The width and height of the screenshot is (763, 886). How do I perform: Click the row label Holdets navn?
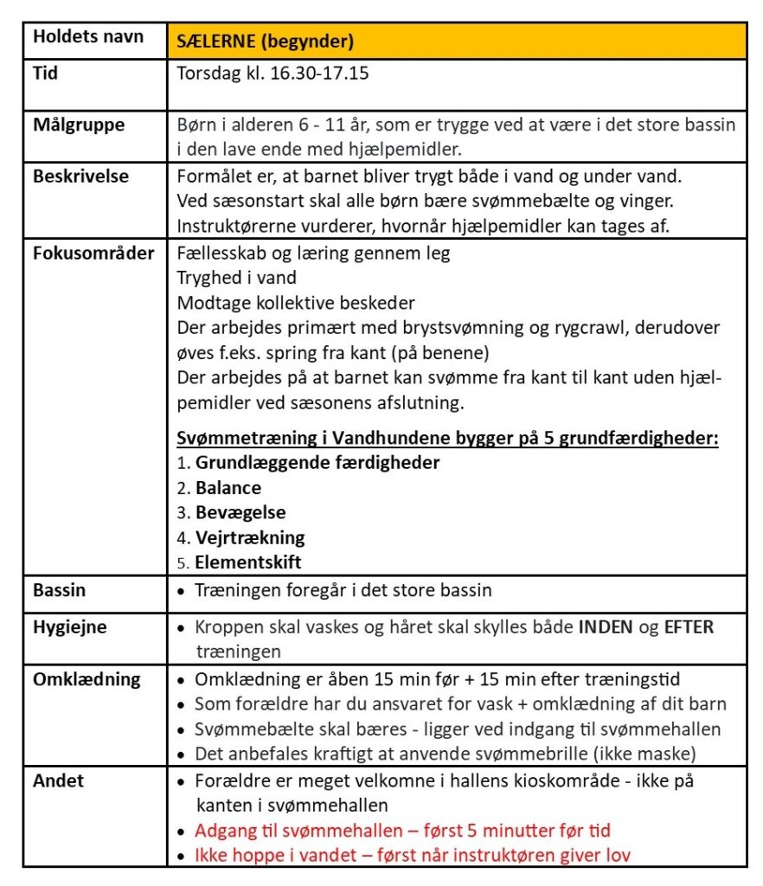(88, 38)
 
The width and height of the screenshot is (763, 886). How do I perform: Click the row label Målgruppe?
(79, 125)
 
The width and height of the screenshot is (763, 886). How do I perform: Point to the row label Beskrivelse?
(81, 176)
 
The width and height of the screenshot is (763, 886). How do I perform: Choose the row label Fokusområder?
(93, 254)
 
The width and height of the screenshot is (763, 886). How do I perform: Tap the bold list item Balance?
(228, 487)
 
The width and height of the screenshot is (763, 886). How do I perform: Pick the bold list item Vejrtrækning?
(250, 537)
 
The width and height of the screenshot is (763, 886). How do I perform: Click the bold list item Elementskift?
(248, 562)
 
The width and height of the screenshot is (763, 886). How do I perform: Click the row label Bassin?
(59, 592)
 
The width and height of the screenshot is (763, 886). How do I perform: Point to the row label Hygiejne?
(70, 627)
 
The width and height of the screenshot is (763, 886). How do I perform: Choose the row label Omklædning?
(87, 679)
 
